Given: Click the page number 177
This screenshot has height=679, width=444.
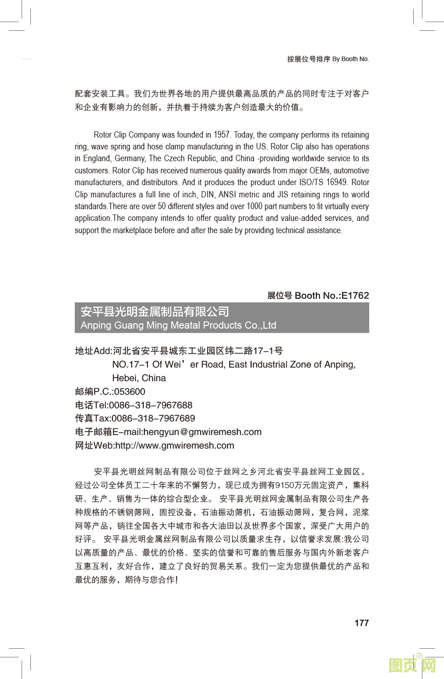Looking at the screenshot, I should [362, 623].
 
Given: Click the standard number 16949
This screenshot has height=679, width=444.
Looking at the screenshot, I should [336, 182].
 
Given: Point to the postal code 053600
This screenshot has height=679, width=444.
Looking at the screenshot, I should [130, 392].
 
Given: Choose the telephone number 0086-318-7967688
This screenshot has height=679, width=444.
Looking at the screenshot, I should [150, 405].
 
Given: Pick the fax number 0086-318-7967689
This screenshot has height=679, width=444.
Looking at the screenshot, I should [153, 418].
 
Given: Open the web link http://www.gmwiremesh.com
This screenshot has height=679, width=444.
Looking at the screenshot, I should [174, 445].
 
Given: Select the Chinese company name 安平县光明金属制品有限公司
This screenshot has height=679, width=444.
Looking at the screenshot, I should [154, 311].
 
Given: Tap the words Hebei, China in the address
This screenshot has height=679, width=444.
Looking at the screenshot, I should [139, 378].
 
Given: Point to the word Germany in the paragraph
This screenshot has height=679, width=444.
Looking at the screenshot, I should [130, 158].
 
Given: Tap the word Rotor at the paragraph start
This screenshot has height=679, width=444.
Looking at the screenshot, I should [103, 135].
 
